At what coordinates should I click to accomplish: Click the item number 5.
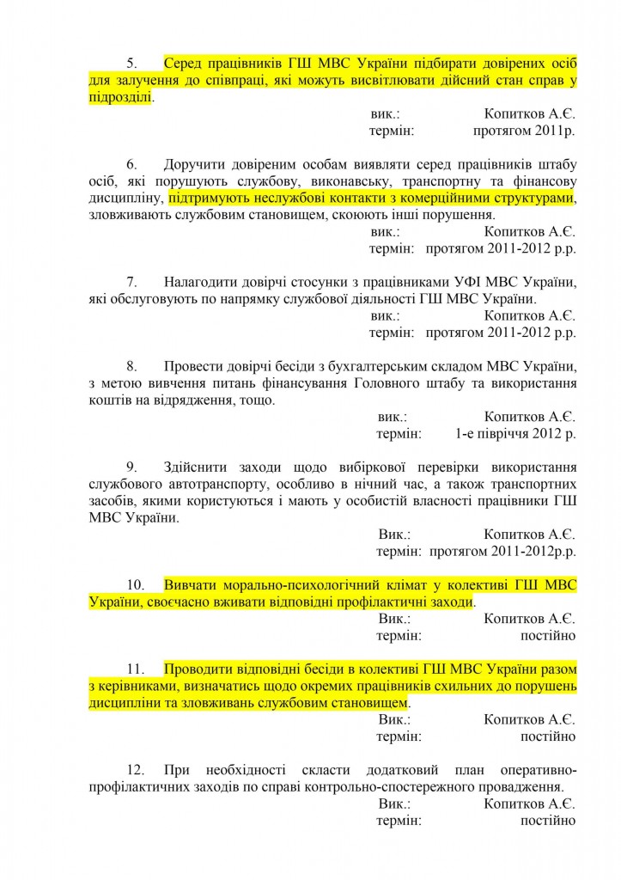131,64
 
